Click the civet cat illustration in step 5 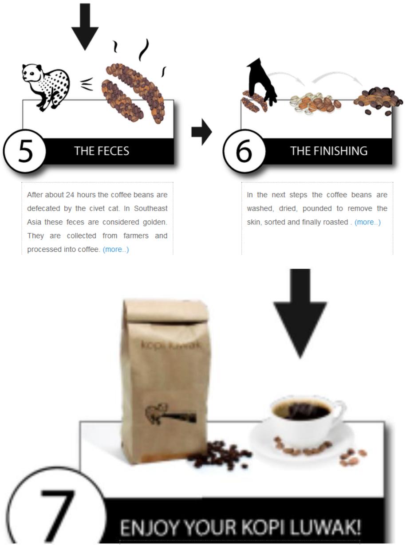click(46, 87)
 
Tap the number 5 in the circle click(25, 151)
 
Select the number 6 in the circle click(244, 151)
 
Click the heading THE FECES click(102, 151)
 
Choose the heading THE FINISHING click(329, 151)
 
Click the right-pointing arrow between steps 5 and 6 click(201, 132)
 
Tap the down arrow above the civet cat click(85, 27)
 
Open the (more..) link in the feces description click(116, 249)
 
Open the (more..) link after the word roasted click(367, 222)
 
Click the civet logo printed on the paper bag click(170, 414)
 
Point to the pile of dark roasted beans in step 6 click(378, 101)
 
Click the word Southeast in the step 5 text click(151, 208)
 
